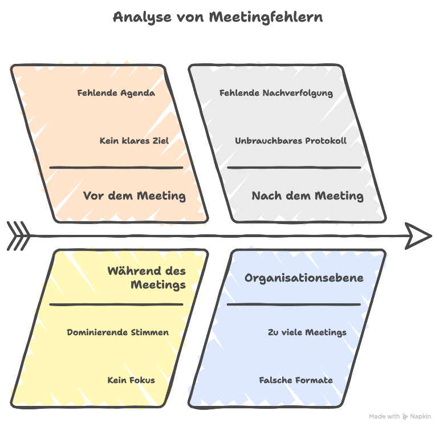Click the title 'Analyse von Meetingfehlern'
(218, 17)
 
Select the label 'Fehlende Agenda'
(116, 93)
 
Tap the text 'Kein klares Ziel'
(135, 141)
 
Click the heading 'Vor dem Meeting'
(135, 196)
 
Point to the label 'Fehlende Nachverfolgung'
(276, 93)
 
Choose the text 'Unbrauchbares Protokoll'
(291, 141)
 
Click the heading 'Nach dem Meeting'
(307, 196)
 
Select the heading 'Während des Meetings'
(147, 278)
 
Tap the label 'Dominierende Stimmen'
(117, 332)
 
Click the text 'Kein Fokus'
(131, 380)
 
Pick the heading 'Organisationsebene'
(304, 278)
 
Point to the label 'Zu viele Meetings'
(307, 332)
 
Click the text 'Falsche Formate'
(296, 380)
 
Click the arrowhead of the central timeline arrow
(419, 236)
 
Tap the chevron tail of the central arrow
(18, 236)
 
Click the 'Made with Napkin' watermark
(400, 417)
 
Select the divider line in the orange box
(116, 168)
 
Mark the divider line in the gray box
(294, 168)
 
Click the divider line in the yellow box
(116, 304)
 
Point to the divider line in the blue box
(294, 304)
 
